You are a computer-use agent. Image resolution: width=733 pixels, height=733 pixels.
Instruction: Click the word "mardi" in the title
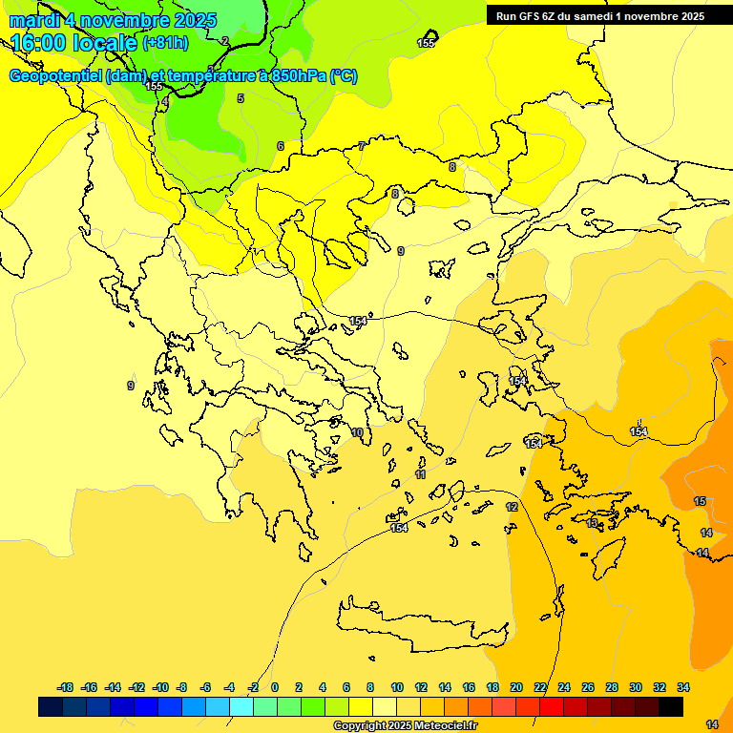34,20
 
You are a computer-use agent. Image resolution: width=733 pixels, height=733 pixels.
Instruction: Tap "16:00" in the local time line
42,43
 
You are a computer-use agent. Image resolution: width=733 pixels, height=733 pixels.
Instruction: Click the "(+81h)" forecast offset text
165,43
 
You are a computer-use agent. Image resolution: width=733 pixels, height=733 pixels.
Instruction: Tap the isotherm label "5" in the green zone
241,98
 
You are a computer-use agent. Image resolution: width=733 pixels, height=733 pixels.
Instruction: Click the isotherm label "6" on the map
281,146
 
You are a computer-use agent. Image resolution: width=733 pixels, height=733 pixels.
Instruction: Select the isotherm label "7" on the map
362,146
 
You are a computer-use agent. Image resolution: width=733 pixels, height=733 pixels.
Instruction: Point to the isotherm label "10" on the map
357,432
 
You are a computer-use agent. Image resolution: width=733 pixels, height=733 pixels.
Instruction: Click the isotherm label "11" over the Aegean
420,474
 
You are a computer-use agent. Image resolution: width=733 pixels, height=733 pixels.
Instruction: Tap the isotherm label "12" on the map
512,507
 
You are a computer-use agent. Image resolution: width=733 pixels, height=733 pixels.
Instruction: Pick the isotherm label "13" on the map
592,523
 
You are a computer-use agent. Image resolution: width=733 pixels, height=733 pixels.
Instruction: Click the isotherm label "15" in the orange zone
700,501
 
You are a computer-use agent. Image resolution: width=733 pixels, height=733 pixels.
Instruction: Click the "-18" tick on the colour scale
66,687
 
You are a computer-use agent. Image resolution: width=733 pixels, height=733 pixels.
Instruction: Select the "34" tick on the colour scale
683,687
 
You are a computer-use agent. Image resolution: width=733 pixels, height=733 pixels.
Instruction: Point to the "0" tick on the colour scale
275,687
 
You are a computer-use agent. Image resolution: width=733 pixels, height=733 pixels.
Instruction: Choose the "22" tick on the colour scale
540,687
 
